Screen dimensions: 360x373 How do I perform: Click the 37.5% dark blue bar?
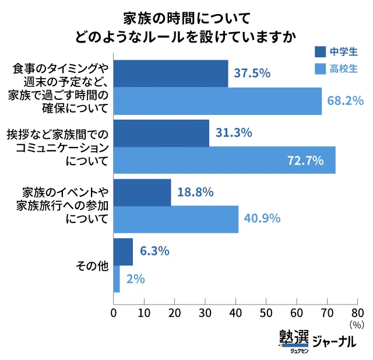tap(170, 74)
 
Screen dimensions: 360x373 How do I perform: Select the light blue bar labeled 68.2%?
tap(217, 101)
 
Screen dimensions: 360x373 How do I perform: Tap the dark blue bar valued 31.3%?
tap(161, 133)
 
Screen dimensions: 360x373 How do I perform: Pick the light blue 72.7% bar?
tap(224, 160)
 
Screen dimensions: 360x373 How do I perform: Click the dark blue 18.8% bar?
tap(142, 193)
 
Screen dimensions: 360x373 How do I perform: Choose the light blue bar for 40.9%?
tap(175, 219)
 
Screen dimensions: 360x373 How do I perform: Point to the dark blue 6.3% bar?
tap(123, 251)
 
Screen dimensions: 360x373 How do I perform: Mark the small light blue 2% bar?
tap(117, 279)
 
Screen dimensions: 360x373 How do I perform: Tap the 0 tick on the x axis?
tap(113, 312)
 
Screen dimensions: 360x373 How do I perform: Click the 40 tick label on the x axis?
tap(235, 312)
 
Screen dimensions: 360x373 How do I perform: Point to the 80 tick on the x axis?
tap(357, 312)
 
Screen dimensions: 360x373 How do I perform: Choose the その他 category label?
tap(92, 266)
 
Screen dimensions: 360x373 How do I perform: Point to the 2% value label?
tap(135, 279)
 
